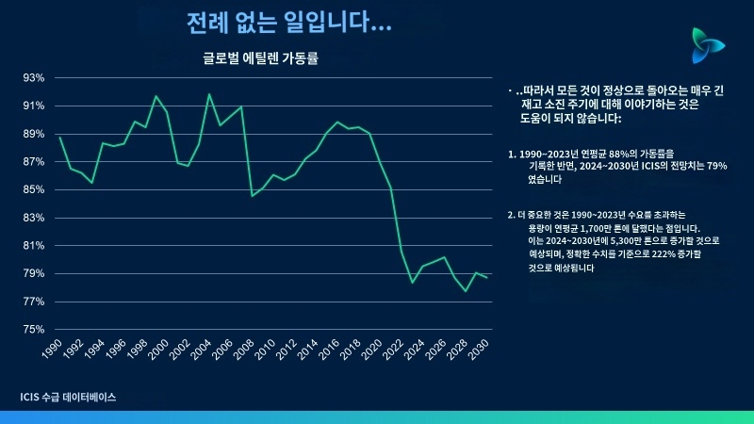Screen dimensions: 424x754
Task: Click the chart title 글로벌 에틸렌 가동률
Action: pos(261,58)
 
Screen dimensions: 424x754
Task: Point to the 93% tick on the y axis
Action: pos(34,77)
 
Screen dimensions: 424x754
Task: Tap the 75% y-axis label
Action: pos(34,330)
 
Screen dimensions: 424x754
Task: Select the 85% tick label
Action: pos(34,189)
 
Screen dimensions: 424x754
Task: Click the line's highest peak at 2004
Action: pos(209,93)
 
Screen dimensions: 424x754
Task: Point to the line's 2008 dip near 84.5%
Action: pos(253,195)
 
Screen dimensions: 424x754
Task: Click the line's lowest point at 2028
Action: pos(466,291)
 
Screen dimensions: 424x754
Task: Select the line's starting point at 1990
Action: pos(59,138)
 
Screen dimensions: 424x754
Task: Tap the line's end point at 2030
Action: pos(487,277)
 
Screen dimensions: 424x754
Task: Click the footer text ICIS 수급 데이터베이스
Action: pos(68,398)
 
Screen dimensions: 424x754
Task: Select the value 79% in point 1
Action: pos(716,165)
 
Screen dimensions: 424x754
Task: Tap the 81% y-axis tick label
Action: pos(34,246)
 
